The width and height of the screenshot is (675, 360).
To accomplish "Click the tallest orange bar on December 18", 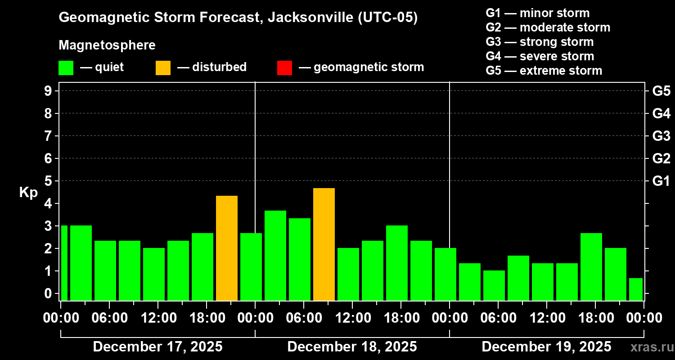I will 324,244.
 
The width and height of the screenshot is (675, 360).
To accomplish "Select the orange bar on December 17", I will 227,248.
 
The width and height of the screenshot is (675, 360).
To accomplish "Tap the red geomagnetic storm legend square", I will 284,67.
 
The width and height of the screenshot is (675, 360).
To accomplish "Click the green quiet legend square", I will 66,67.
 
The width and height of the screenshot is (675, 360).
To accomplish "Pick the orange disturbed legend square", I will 163,67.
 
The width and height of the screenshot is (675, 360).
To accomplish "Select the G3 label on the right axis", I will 661,136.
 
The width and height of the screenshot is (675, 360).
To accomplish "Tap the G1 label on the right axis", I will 661,181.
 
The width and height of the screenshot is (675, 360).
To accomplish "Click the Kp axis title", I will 28,193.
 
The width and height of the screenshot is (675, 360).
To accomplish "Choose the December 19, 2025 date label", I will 546,347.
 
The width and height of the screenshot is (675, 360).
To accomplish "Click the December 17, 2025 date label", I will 157,347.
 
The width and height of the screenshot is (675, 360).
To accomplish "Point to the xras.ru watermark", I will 651,347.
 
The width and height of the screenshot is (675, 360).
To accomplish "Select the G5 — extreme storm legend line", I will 544,71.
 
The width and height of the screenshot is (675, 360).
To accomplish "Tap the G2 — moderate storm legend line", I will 548,27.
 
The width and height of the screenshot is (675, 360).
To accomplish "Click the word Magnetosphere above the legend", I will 107,45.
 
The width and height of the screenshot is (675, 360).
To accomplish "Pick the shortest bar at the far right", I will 635,289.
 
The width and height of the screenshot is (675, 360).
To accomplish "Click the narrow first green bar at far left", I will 64,263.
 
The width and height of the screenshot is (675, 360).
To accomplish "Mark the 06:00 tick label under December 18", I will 304,318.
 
